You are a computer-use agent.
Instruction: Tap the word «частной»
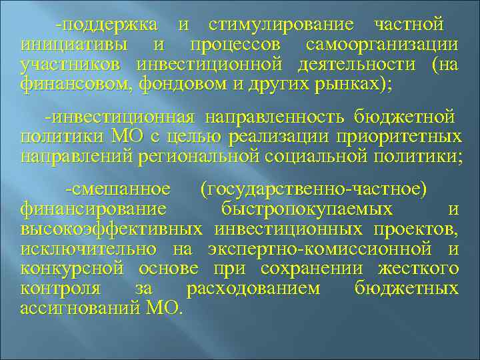pos(409,26)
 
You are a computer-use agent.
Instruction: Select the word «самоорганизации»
pos(382,46)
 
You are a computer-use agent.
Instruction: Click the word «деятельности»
pos(354,65)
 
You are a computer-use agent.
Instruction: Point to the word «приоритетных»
pos(407,137)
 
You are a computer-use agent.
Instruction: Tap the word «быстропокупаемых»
pos(306,209)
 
